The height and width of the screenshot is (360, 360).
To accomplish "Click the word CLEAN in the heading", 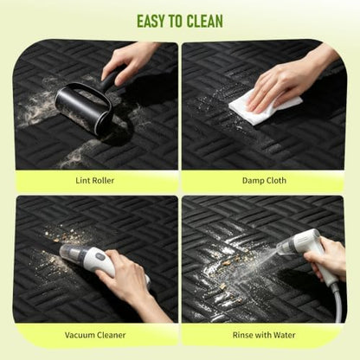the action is click(x=204, y=21).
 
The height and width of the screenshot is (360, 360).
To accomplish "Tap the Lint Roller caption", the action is click(x=95, y=181).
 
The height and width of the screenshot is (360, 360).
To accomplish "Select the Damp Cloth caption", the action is click(x=264, y=181).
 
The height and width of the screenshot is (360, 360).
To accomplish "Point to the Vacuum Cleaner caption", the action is click(x=95, y=335).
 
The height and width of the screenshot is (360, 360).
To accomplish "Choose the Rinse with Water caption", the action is click(x=264, y=335).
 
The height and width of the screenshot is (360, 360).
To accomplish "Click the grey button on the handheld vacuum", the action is click(x=100, y=256).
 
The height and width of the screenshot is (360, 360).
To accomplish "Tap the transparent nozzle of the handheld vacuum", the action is click(x=71, y=253).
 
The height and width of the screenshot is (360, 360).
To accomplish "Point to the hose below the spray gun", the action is click(x=337, y=300).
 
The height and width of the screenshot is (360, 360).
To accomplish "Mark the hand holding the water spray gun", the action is click(x=325, y=258).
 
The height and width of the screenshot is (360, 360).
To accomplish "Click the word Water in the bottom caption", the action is click(x=285, y=335).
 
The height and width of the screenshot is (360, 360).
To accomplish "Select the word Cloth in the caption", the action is click(x=276, y=181).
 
